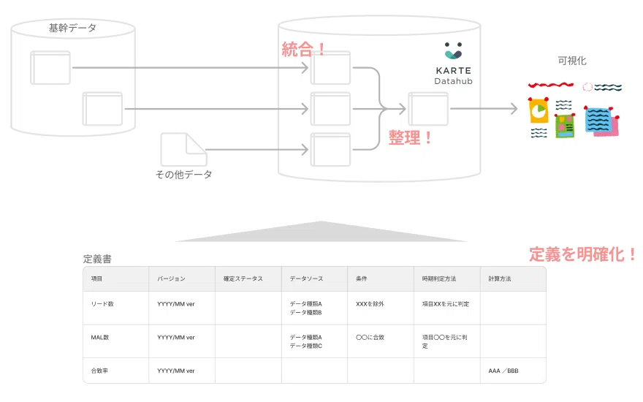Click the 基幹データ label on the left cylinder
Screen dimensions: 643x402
pos(72,28)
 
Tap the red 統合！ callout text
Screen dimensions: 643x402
pos(304,49)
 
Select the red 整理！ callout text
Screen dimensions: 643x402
pos(410,137)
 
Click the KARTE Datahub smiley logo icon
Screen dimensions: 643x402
pos(453,50)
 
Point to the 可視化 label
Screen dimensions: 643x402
pos(572,61)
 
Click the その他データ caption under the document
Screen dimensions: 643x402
pos(183,175)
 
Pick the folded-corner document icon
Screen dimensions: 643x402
pos(183,149)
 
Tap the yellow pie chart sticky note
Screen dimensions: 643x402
pos(539,110)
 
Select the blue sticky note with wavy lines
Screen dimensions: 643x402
pos(598,119)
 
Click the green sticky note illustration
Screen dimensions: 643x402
pos(565,126)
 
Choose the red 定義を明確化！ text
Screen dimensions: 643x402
pos(582,254)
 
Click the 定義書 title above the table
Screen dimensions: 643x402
pos(97,259)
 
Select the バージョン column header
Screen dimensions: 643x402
pos(171,279)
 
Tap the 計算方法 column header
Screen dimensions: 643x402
pos(500,279)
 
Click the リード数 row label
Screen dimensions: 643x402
pos(102,304)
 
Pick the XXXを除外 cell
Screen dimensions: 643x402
pos(370,304)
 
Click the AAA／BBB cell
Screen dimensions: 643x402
pos(503,371)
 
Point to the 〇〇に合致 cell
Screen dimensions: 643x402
pos(370,337)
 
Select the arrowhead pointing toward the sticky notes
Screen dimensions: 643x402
pos(514,109)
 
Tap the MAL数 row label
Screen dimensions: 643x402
pos(100,337)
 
